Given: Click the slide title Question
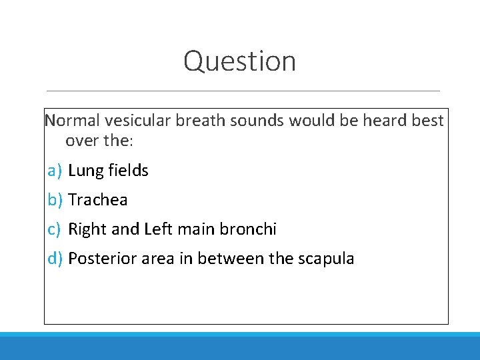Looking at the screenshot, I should [239, 61].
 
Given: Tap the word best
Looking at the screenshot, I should [429, 121].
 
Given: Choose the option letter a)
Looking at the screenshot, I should [55, 171].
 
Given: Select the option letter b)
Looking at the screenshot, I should [55, 200].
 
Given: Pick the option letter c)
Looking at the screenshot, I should [55, 229].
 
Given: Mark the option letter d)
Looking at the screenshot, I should [55, 259].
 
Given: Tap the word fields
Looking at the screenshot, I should [126, 171].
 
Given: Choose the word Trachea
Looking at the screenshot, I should [98, 200].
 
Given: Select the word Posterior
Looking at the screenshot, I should [103, 259].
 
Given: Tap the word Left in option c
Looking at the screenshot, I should [157, 229].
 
